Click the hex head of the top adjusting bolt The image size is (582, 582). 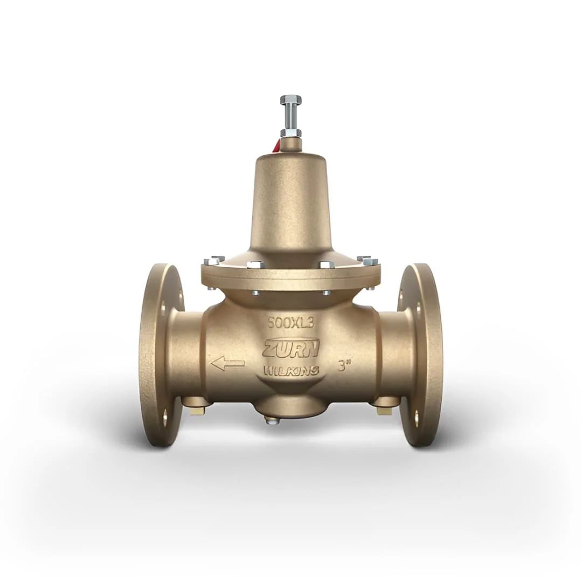pos(291,100)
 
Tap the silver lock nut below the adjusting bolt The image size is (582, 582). pos(291,133)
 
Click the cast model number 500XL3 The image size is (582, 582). pos(291,323)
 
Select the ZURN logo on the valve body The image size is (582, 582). pos(291,348)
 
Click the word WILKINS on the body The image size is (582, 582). pos(291,370)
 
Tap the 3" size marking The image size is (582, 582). pos(344,367)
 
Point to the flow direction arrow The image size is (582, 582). pos(227,363)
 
